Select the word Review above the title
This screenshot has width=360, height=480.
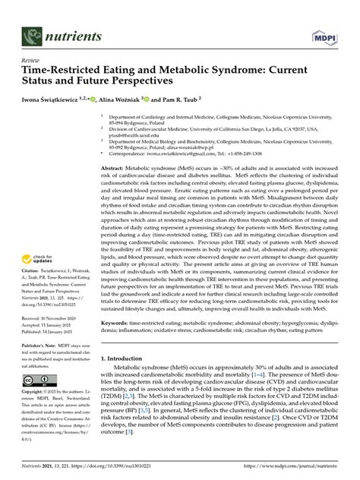(31, 58)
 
